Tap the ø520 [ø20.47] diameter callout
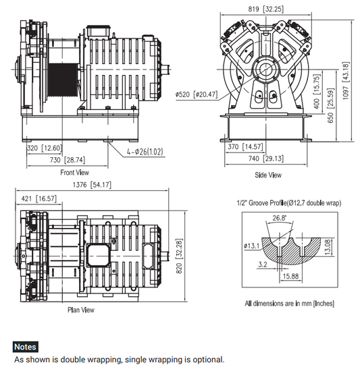pyautogui.click(x=197, y=93)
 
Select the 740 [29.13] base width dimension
pyautogui.click(x=263, y=158)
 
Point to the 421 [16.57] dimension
pyautogui.click(x=37, y=200)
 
